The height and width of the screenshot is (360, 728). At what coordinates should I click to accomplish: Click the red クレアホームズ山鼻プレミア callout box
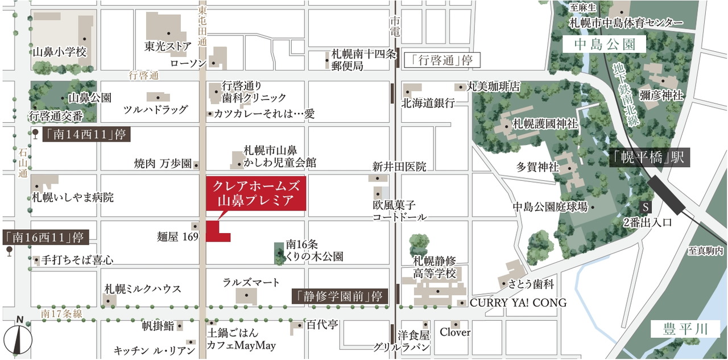point(255,193)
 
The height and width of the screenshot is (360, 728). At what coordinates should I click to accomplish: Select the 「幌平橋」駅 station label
point(649,157)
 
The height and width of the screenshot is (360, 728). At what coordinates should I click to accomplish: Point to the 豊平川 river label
point(685,329)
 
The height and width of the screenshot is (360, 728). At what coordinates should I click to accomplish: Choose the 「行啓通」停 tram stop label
point(439,60)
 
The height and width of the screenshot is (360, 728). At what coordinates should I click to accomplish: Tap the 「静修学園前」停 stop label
point(340,296)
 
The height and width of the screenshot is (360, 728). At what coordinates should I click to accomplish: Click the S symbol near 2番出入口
point(645,206)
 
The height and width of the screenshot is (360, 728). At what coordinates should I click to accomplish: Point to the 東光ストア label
point(167,47)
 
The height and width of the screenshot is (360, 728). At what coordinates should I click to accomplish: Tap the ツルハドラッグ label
point(155,109)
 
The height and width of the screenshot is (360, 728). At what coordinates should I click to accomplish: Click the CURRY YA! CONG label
point(518,303)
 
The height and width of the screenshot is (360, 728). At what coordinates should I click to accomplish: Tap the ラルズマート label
point(251,283)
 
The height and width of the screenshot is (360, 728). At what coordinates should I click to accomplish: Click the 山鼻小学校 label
point(59,52)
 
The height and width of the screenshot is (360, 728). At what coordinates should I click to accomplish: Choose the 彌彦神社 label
point(661,95)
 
